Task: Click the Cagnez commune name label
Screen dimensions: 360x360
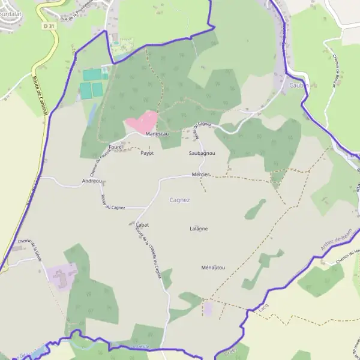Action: point(179,200)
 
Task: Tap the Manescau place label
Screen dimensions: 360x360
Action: point(157,134)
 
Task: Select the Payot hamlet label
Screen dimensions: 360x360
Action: point(147,153)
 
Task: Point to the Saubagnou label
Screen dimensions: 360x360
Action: point(202,154)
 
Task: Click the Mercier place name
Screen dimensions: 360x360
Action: point(200,174)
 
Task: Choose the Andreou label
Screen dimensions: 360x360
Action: point(91,181)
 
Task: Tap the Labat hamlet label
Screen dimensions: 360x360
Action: point(142,224)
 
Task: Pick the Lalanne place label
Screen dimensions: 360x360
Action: point(198,229)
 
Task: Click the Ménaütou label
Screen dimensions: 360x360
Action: point(213,268)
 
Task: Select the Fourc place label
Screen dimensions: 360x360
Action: point(115,146)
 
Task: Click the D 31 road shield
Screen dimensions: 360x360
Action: point(49,26)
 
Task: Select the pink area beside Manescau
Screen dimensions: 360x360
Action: point(142,122)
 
